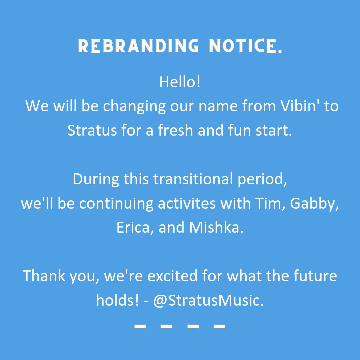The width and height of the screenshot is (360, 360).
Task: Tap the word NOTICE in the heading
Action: [245, 46]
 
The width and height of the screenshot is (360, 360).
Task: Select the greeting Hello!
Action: [180, 82]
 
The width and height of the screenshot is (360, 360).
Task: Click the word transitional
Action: [193, 179]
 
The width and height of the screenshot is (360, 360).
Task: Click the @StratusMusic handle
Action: [208, 301]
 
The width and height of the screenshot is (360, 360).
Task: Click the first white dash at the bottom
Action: [140, 326]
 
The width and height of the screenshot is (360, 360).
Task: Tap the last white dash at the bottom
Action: [220, 326]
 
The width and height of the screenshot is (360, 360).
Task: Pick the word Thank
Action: [43, 276]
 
